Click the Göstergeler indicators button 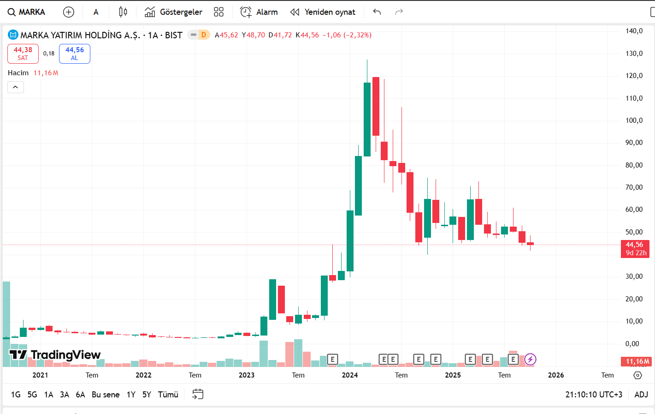click(174, 12)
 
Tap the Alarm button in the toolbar click(259, 12)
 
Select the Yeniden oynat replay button click(323, 12)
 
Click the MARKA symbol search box click(27, 12)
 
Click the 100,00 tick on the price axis click(634, 120)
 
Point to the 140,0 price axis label click(634, 31)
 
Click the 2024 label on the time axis click(350, 375)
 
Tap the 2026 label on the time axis click(556, 375)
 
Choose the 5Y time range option click(147, 395)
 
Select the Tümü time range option click(168, 395)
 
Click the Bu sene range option click(106, 395)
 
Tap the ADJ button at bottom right click(641, 395)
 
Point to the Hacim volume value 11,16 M click(46, 73)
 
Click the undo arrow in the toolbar click(377, 12)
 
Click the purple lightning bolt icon click(531, 359)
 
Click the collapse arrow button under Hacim click(16, 87)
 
